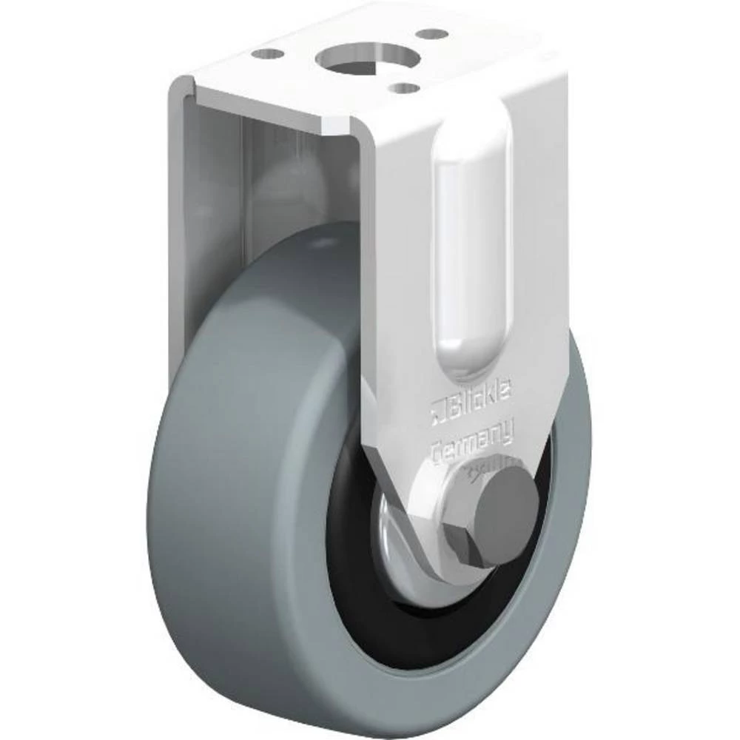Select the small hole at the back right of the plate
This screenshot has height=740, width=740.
coord(432,34)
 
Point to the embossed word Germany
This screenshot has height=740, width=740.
coord(471,442)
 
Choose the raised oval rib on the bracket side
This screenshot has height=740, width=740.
coord(473,244)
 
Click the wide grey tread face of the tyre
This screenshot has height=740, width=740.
coord(237,481)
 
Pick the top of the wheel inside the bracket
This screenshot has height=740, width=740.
coord(311,237)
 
